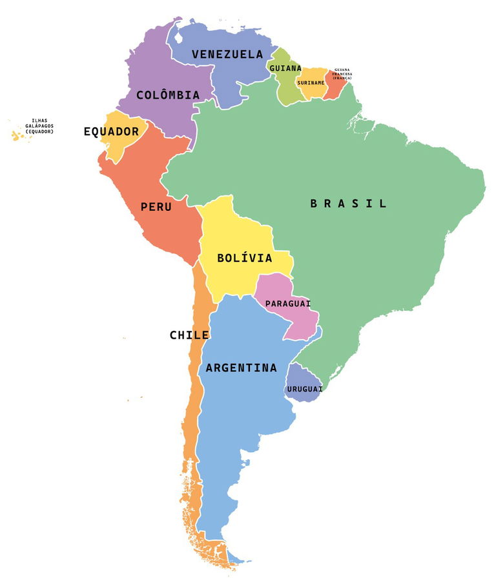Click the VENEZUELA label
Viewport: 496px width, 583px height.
pos(227,54)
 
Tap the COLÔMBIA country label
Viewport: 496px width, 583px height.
pos(167,95)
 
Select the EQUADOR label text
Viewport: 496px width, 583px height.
pos(111,132)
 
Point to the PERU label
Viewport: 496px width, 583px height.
pos(156,207)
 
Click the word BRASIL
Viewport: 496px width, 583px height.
pos(349,204)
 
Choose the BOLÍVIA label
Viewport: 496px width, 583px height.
pos(244,258)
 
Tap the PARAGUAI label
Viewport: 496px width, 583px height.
pos(288,303)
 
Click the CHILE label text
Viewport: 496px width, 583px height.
pos(189,335)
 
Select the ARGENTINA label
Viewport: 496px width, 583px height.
pos(241,368)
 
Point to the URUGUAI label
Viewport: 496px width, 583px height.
pos(305,389)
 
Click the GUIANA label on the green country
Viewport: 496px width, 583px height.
pos(285,68)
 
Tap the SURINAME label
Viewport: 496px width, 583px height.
pos(311,83)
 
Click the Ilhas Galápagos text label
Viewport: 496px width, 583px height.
pos(39,126)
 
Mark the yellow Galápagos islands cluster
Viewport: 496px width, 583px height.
pos(15,135)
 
